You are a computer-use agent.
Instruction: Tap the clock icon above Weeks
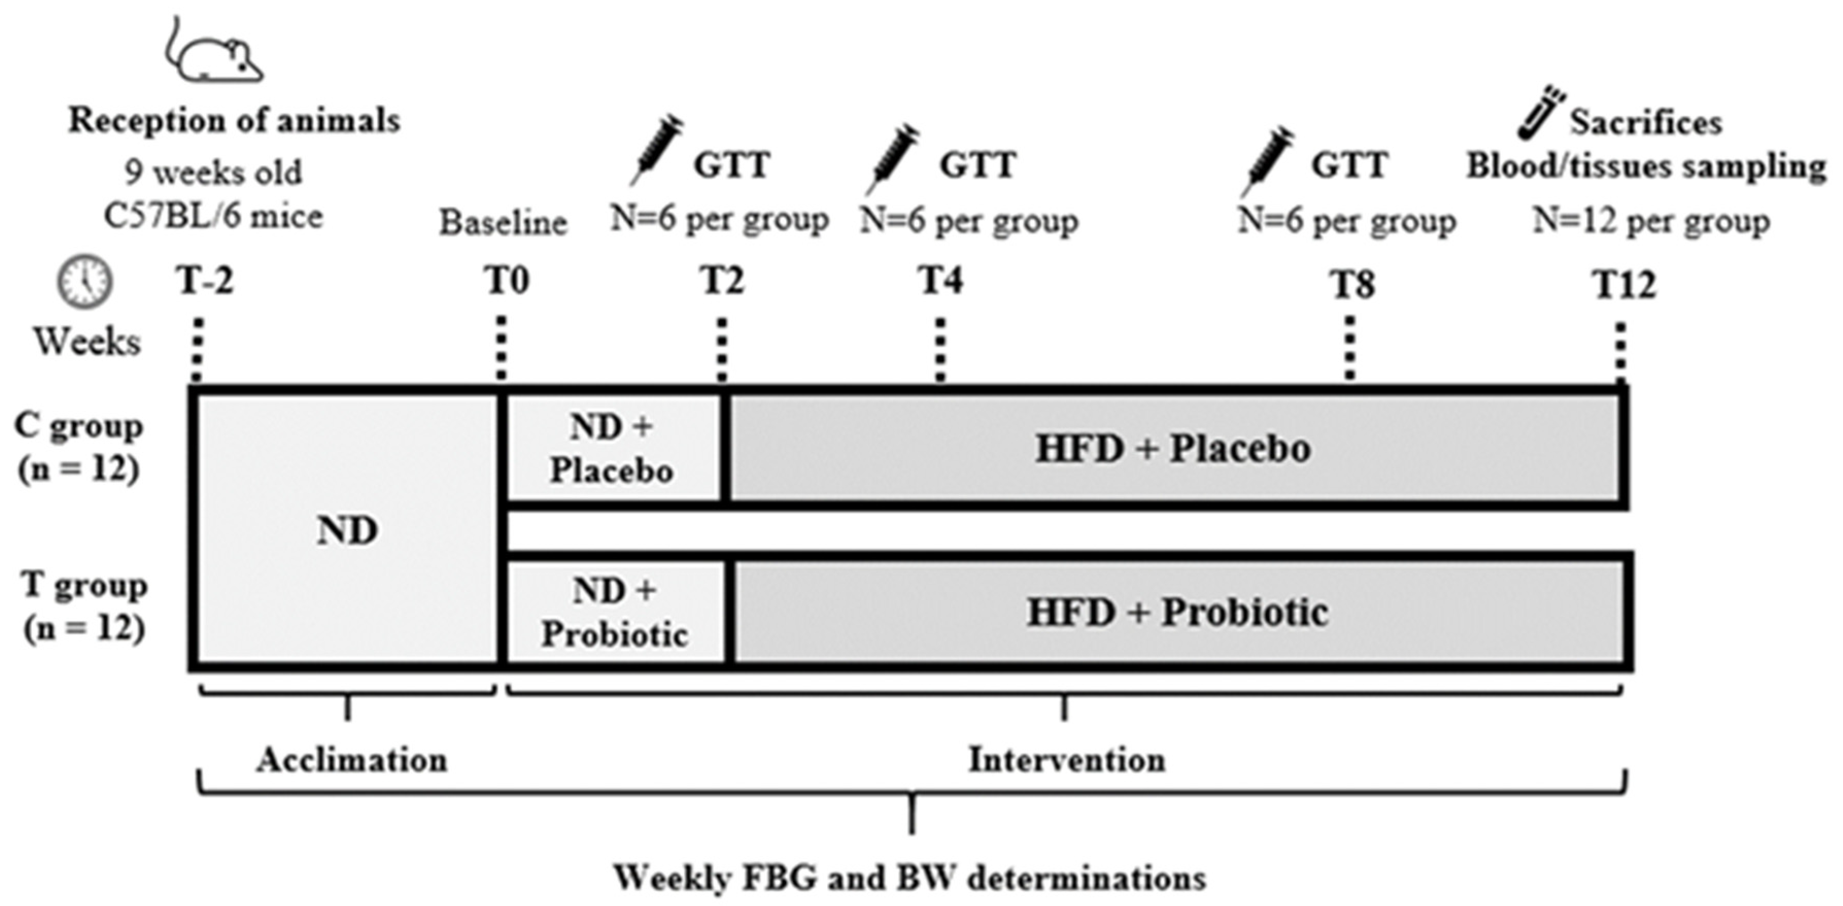pos(84,282)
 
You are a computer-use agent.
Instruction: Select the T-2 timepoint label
pos(205,281)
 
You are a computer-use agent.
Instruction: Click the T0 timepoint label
pos(507,281)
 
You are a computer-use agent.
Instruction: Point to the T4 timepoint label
pos(940,281)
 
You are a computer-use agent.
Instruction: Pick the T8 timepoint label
pos(1352,285)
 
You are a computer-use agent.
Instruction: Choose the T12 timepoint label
pos(1623,285)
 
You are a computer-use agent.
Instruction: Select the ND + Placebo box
pos(612,449)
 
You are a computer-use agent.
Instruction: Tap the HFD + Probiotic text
pos(1177,613)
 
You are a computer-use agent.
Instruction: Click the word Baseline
pos(503,223)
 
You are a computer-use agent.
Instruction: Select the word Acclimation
pos(352,759)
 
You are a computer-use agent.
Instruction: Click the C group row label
pos(79,448)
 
